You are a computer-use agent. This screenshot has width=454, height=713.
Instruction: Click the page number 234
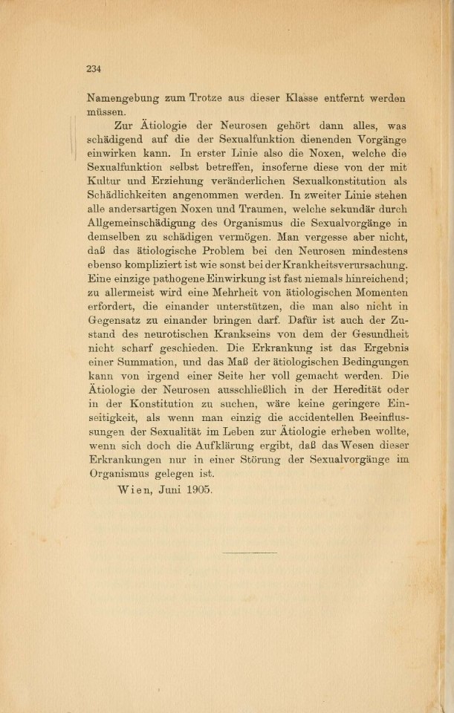coord(93,69)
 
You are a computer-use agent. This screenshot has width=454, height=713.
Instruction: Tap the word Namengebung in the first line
coord(121,98)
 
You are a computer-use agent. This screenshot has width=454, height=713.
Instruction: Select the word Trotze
coord(222,98)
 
